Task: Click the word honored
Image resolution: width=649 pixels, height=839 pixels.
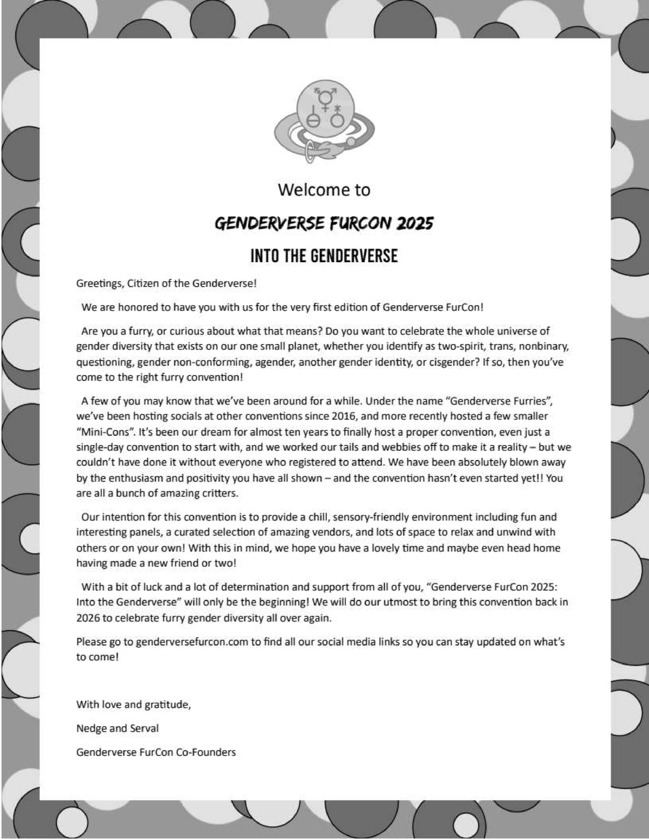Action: click(x=138, y=307)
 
